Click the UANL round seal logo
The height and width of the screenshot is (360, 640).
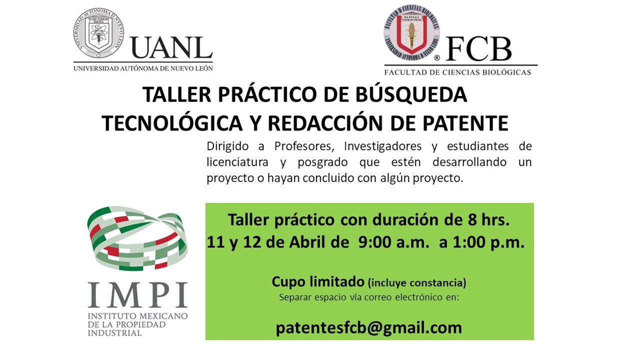pyautogui.click(x=98, y=33)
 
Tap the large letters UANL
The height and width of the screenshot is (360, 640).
pyautogui.click(x=171, y=47)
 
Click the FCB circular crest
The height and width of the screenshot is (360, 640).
pyautogui.click(x=411, y=32)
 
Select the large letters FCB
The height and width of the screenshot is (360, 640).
pyautogui.click(x=478, y=49)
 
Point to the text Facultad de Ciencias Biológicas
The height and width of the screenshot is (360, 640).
pyautogui.click(x=457, y=72)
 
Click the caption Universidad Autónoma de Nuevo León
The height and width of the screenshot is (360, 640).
pyautogui.click(x=143, y=68)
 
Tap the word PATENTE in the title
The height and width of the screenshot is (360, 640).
pyautogui.click(x=465, y=123)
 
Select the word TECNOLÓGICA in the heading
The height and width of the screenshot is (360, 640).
pyautogui.click(x=172, y=123)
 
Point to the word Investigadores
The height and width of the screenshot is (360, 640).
pyautogui.click(x=383, y=146)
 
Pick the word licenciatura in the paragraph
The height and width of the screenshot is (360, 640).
pyautogui.click(x=237, y=162)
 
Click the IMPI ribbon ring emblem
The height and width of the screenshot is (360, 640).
pyautogui.click(x=137, y=238)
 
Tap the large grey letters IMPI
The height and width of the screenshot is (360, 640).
pyautogui.click(x=137, y=294)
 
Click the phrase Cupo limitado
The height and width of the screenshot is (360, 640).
pyautogui.click(x=318, y=282)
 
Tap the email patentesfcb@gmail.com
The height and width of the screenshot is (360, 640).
pyautogui.click(x=368, y=328)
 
